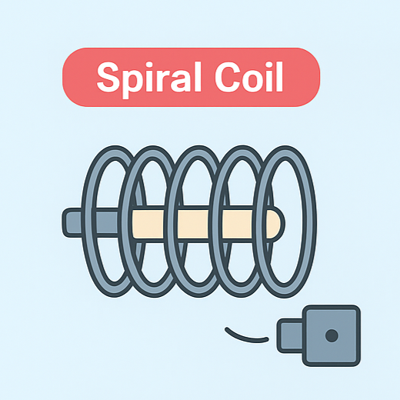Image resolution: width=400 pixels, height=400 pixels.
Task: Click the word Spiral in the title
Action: (x=148, y=78)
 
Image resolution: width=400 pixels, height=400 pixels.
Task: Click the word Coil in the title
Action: (x=249, y=77)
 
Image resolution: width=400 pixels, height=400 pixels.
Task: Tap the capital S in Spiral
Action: (x=108, y=77)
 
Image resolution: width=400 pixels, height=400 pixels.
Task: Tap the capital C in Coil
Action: (x=228, y=77)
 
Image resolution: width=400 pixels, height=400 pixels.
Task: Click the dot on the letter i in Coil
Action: (x=269, y=65)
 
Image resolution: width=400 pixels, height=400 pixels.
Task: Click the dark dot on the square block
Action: (x=332, y=335)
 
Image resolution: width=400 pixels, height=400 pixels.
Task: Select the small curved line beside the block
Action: (x=245, y=338)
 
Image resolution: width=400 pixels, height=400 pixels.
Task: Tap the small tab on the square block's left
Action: (x=291, y=335)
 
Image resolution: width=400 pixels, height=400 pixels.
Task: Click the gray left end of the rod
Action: (x=72, y=222)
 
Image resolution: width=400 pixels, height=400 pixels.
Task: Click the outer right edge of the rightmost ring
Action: (x=313, y=222)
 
